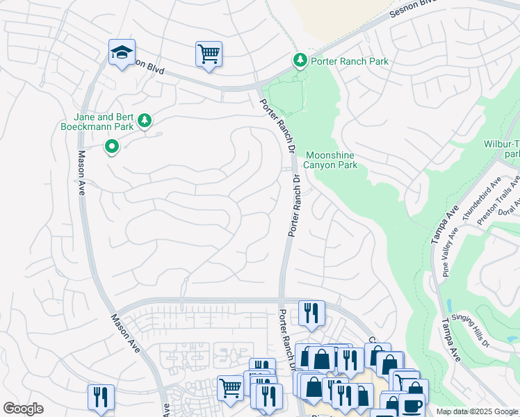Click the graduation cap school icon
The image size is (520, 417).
click(x=122, y=53)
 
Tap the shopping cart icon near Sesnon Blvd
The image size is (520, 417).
click(x=209, y=54)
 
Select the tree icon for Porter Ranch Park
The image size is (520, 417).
click(x=300, y=61)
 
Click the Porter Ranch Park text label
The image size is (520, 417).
click(x=350, y=61)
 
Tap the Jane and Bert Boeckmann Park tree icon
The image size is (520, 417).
click(x=145, y=122)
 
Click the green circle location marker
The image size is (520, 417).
click(x=111, y=147)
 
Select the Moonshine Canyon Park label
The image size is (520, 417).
click(x=332, y=160)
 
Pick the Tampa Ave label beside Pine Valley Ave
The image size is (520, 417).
click(x=441, y=224)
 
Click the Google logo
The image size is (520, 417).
click(x=23, y=409)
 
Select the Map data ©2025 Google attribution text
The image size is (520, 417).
click(x=476, y=411)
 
